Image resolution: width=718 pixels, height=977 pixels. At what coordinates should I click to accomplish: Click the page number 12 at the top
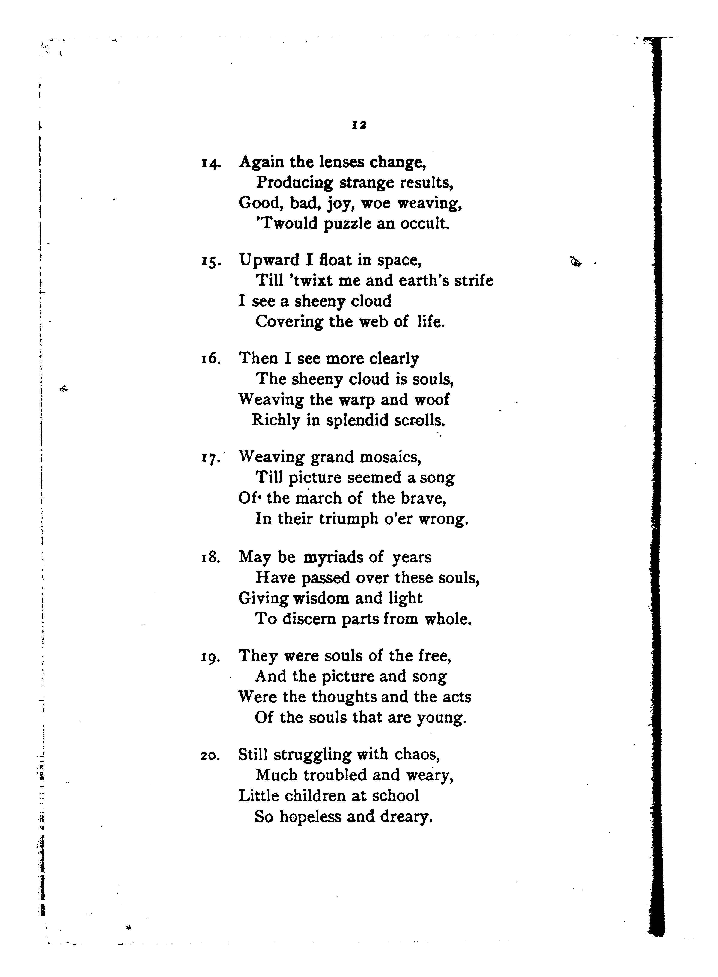coord(359,125)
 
